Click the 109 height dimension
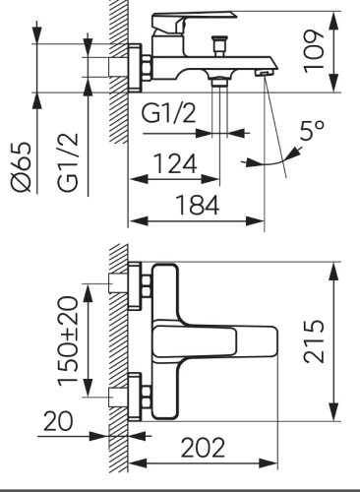314,51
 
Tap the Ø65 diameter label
22,166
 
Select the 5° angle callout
312,130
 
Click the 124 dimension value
175,163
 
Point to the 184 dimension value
198,205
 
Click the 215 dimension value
314,341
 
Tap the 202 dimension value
203,448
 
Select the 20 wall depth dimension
58,421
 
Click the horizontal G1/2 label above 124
168,113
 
